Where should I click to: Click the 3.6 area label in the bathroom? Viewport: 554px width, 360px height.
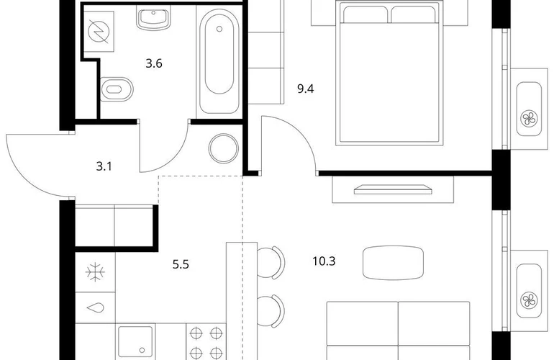click(154, 63)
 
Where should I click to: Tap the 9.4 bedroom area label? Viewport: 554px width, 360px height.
click(306, 89)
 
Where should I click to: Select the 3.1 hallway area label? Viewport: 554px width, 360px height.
click(104, 166)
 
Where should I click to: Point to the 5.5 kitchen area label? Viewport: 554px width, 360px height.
click(181, 264)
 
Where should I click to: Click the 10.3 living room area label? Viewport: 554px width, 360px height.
click(324, 261)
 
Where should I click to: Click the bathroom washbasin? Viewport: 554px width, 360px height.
click(153, 19)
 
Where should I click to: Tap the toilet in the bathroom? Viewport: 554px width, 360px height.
click(117, 89)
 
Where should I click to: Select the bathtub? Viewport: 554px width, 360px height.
click(219, 60)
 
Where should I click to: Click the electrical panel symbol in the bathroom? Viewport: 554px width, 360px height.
click(99, 32)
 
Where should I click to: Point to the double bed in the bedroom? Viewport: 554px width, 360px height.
click(389, 73)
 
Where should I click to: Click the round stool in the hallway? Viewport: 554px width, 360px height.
click(223, 148)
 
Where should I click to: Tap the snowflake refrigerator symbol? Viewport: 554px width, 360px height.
click(96, 272)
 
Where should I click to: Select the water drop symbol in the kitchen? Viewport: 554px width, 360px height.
click(96, 307)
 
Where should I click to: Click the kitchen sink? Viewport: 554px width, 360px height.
click(136, 341)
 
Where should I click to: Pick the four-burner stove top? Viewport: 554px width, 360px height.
click(206, 342)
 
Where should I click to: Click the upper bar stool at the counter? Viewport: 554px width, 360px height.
click(271, 262)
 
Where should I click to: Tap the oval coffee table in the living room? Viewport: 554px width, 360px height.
click(393, 263)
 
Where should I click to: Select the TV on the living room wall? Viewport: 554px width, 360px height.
click(393, 189)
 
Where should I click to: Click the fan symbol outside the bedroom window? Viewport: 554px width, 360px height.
click(529, 119)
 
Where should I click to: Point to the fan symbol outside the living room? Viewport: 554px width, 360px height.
click(529, 300)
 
